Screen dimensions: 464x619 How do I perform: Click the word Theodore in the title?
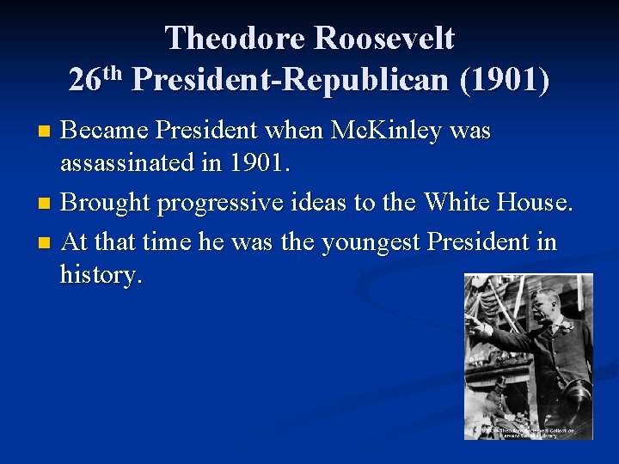coord(235,38)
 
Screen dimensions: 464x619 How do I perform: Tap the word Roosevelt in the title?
coord(384,38)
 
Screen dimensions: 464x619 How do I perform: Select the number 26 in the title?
coord(84,80)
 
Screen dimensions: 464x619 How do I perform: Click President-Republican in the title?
coord(291,80)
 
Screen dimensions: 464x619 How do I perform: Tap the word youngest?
coord(377,242)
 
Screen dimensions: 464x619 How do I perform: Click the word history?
coord(100,275)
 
